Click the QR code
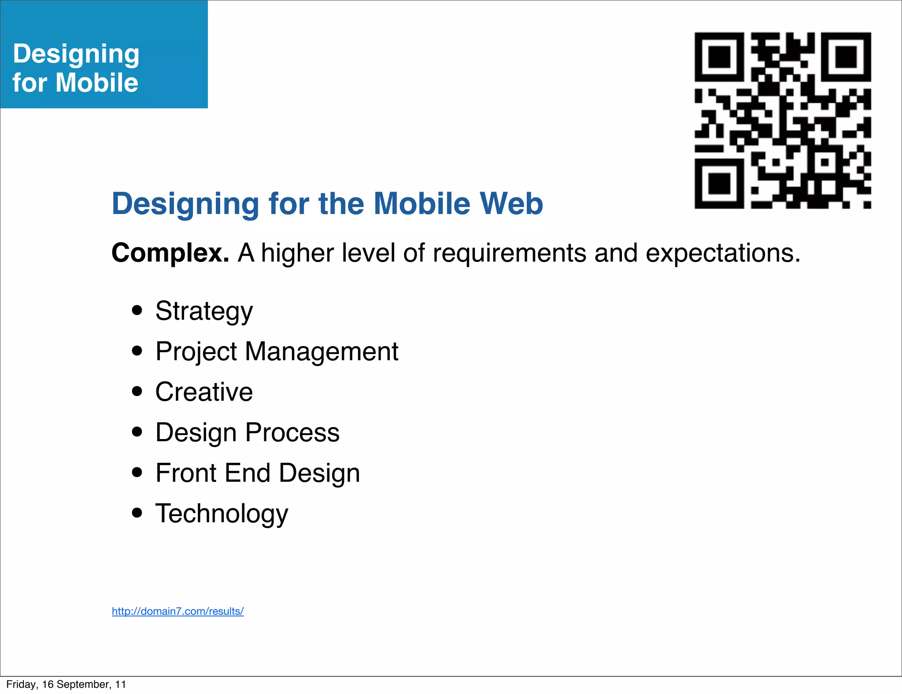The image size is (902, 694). pyautogui.click(x=783, y=120)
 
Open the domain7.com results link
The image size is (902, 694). pyautogui.click(x=177, y=611)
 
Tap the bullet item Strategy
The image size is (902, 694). pyautogui.click(x=204, y=311)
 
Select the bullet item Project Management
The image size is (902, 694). pyautogui.click(x=277, y=352)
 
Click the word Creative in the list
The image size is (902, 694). pyautogui.click(x=204, y=392)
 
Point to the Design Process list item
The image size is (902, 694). pyautogui.click(x=247, y=432)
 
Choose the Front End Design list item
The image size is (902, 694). pyautogui.click(x=258, y=473)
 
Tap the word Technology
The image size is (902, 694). pyautogui.click(x=222, y=513)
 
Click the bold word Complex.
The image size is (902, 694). pyautogui.click(x=170, y=253)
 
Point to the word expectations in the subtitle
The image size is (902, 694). pyautogui.click(x=723, y=253)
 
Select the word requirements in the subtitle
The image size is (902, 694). pyautogui.click(x=509, y=253)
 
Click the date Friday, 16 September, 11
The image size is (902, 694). pyautogui.click(x=66, y=684)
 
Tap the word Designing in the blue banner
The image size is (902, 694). pyautogui.click(x=76, y=54)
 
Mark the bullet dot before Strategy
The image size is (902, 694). pyautogui.click(x=137, y=310)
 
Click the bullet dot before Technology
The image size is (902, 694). pyautogui.click(x=137, y=513)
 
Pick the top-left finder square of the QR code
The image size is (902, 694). pyautogui.click(x=719, y=57)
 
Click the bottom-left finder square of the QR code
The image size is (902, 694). pyautogui.click(x=719, y=184)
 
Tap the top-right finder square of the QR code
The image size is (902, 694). pyautogui.click(x=846, y=57)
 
